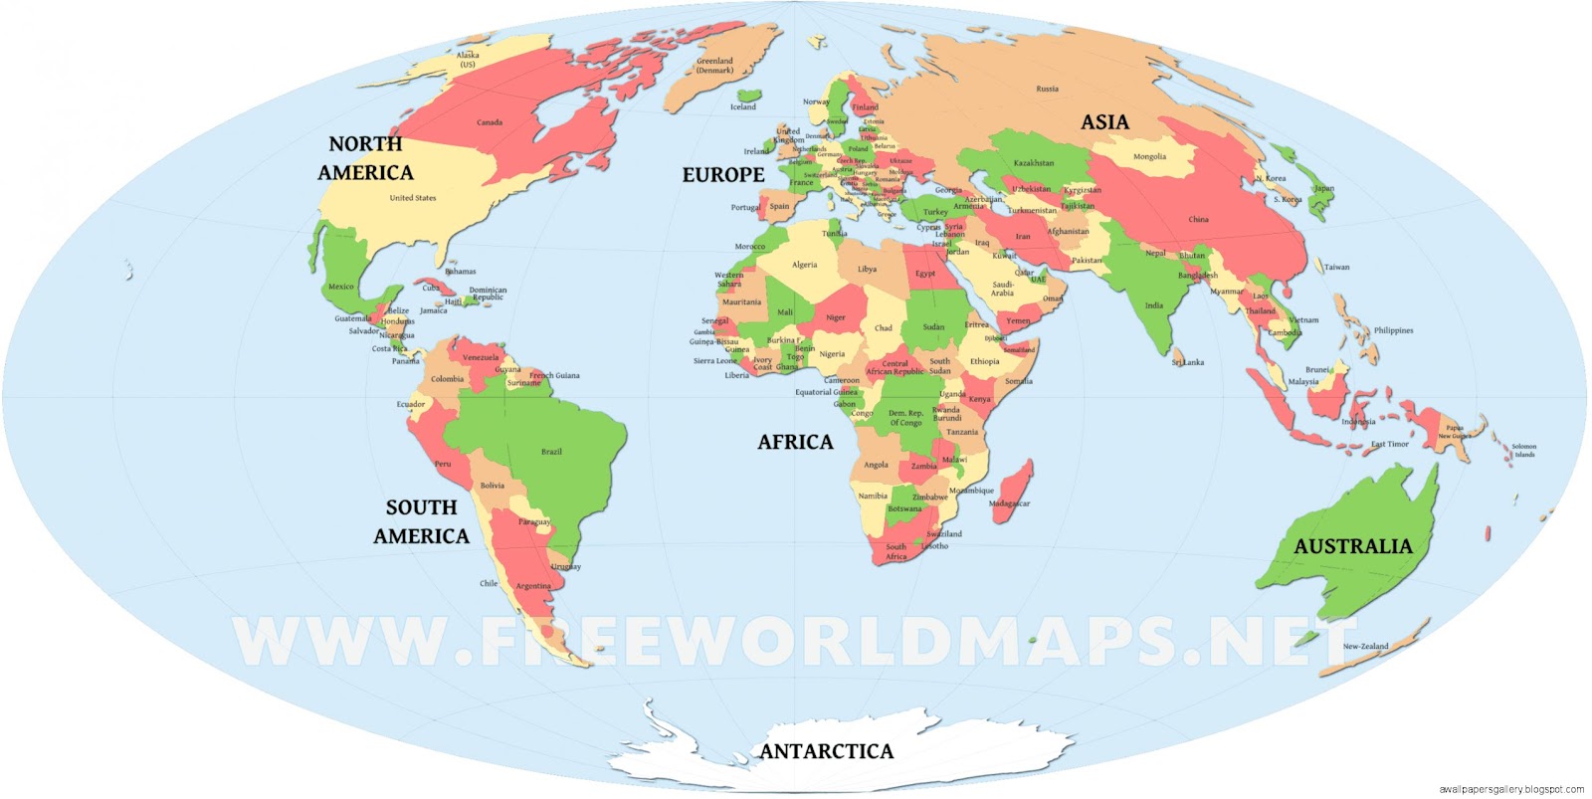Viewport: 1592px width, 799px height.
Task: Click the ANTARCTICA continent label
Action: coord(826,751)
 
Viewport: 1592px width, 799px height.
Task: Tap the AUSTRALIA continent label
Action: coord(1352,546)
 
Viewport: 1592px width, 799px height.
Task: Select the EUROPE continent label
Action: coord(722,175)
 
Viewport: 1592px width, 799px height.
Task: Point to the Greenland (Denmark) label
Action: coord(714,66)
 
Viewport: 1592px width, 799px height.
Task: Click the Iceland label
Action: coord(743,106)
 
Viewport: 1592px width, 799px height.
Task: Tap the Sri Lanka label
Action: coord(1188,362)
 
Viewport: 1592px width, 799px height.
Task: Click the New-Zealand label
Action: coord(1365,646)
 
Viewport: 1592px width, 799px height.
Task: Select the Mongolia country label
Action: coord(1149,156)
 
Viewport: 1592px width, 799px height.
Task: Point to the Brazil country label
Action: coord(551,452)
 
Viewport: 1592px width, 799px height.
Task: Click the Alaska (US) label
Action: coord(468,60)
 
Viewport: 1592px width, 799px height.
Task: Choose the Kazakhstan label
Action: coord(1033,163)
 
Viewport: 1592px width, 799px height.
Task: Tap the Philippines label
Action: coord(1393,330)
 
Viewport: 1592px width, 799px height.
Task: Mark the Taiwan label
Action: coord(1336,267)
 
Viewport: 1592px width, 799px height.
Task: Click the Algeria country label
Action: coord(804,265)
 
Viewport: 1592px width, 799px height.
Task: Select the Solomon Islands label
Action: coord(1523,450)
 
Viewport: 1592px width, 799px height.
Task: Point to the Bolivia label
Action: coord(492,486)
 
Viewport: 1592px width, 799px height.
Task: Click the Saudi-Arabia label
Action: coord(1002,289)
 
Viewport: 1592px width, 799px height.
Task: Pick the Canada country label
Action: coord(490,122)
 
